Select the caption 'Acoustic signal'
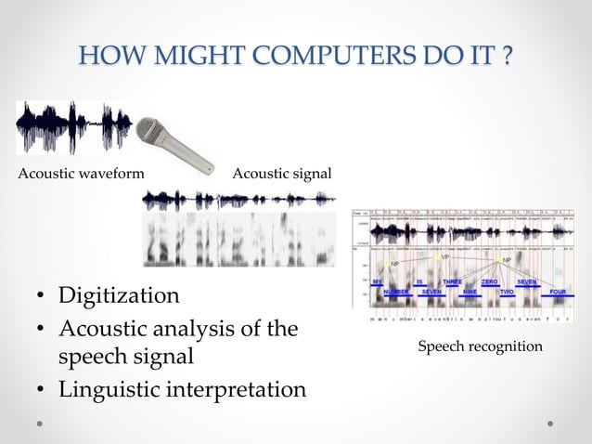point(281,174)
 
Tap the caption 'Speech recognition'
point(481,346)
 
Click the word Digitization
point(119,296)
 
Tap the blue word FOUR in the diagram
point(558,292)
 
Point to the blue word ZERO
point(488,281)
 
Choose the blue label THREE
point(452,281)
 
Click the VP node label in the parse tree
point(444,256)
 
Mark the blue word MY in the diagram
point(378,281)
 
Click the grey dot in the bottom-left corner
point(40,423)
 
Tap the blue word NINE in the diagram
point(470,292)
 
